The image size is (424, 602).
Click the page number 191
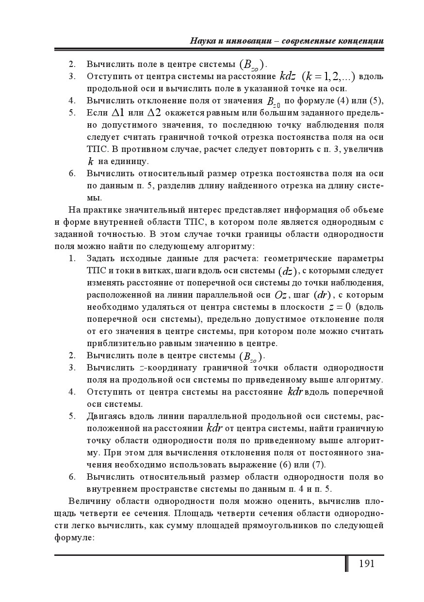coord(366,564)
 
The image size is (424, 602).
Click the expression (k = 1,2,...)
coord(328,76)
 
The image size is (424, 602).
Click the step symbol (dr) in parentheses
coord(322,295)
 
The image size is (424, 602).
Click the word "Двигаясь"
coord(107,416)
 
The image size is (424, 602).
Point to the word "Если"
coord(97,113)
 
